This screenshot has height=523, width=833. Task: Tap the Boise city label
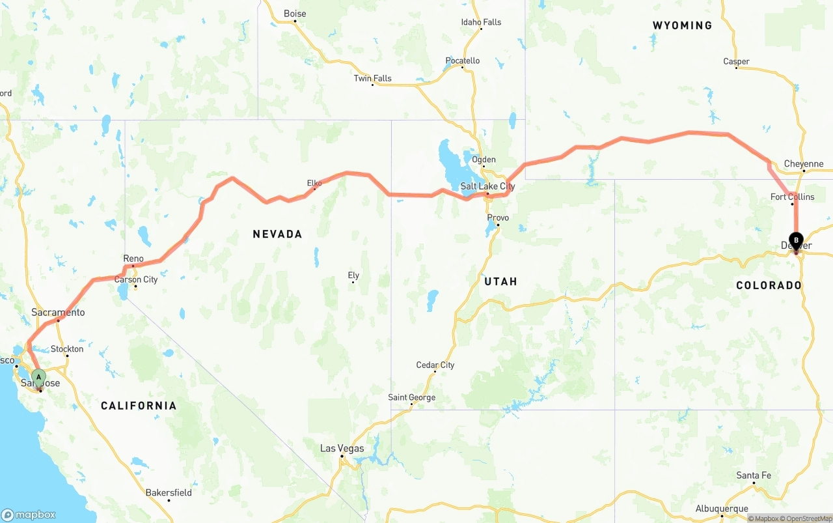click(295, 14)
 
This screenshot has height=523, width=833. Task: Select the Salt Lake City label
click(487, 186)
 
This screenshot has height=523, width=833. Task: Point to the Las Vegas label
click(342, 448)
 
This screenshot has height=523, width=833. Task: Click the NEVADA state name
click(277, 234)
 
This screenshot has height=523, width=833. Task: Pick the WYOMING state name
click(682, 25)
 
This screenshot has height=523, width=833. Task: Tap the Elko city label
click(314, 183)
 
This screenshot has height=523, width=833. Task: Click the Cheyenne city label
click(804, 164)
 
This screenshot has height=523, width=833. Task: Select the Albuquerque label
click(722, 509)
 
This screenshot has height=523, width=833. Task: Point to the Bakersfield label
click(169, 492)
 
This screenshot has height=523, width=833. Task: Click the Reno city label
click(133, 259)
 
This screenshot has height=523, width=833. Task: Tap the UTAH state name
click(500, 281)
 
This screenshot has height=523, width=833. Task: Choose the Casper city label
click(736, 61)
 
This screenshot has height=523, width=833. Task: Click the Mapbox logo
click(29, 515)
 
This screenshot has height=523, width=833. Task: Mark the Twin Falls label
click(372, 78)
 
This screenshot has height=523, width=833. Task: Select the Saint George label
click(411, 397)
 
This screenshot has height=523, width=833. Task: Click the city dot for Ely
click(353, 282)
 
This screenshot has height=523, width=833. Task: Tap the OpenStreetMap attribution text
click(808, 518)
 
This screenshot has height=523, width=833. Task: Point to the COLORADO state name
click(769, 285)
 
